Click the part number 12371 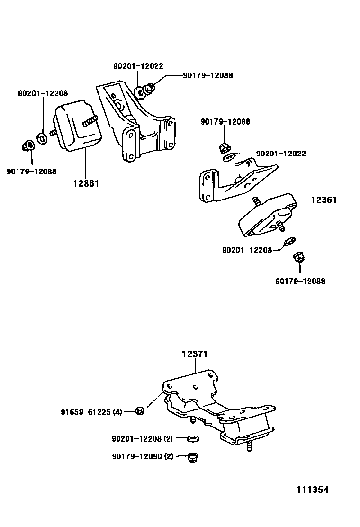[195, 354]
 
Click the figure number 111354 [313, 490]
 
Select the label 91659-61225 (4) [91, 412]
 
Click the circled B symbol [140, 411]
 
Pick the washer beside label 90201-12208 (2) [193, 438]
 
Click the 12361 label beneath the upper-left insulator [86, 183]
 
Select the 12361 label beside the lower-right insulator [324, 200]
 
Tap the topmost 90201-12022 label [138, 66]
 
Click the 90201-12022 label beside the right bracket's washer [280, 154]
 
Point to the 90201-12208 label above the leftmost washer [43, 94]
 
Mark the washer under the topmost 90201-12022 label [140, 92]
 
